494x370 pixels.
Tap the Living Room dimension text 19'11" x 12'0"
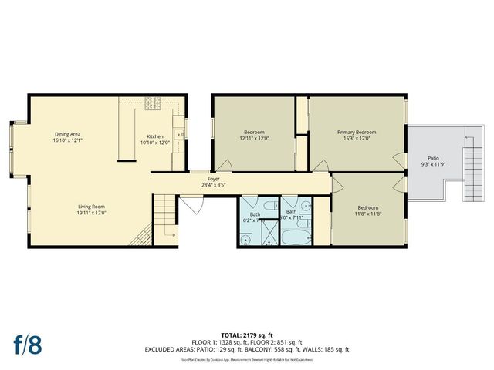(91, 213)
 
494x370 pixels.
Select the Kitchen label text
(155, 136)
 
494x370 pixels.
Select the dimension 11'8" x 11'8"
(368, 214)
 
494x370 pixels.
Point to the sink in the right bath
(306, 206)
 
